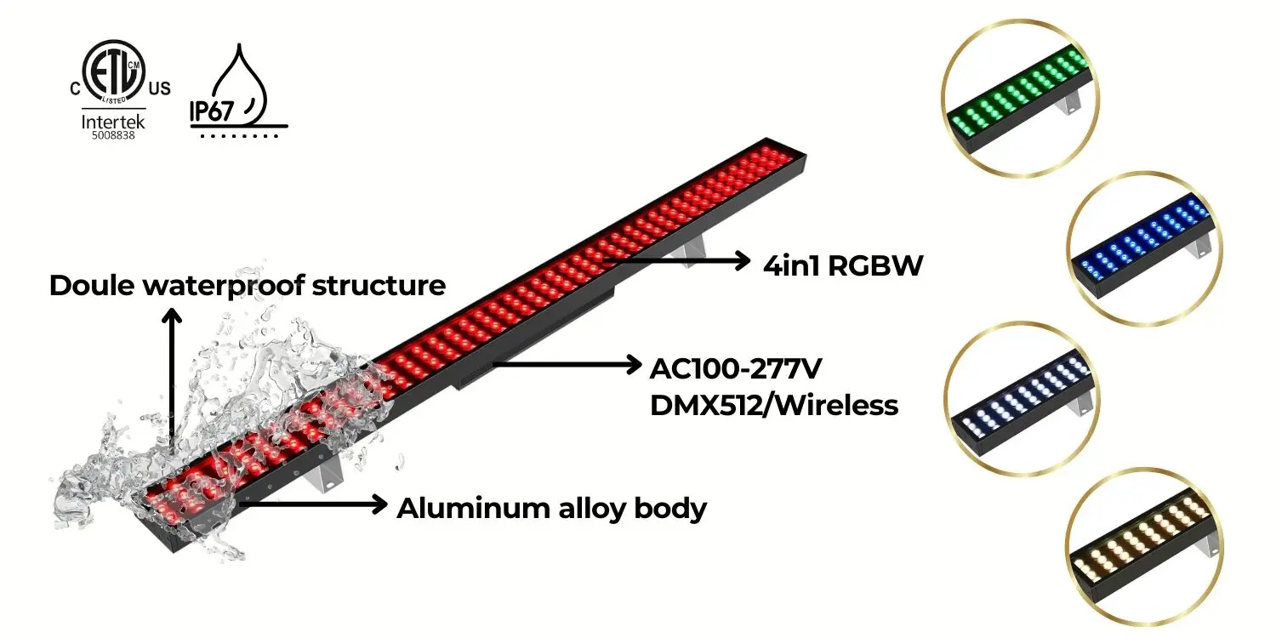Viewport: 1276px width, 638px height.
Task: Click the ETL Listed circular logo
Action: (x=113, y=71)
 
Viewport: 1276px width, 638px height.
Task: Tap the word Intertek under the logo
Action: (x=113, y=122)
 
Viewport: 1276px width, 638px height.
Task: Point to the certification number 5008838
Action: (x=113, y=135)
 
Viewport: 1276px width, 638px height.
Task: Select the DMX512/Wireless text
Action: (x=773, y=405)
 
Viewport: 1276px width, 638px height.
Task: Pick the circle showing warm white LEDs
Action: (x=1142, y=544)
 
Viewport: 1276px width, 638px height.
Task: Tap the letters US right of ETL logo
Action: (x=159, y=88)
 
